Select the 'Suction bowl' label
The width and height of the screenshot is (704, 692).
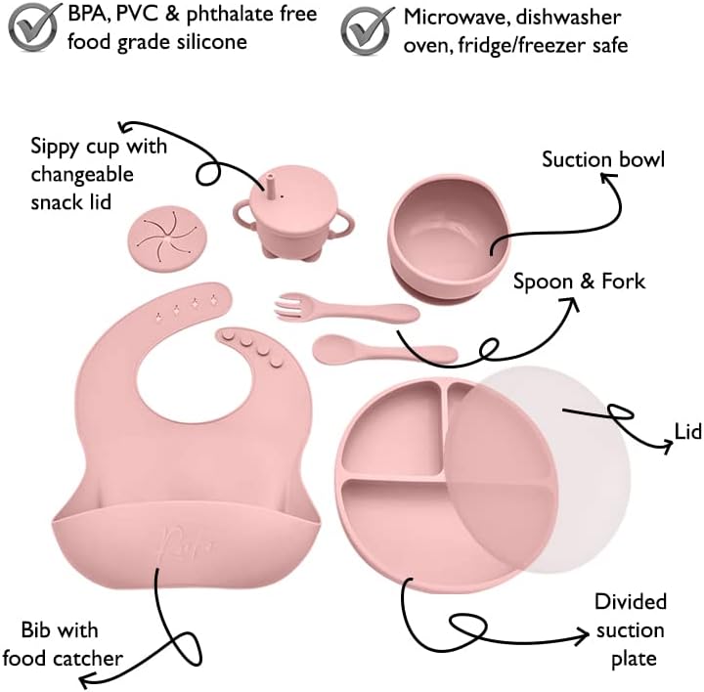(x=603, y=158)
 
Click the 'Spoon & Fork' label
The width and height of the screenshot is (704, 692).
(x=580, y=281)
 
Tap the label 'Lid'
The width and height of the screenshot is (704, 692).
(x=687, y=431)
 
